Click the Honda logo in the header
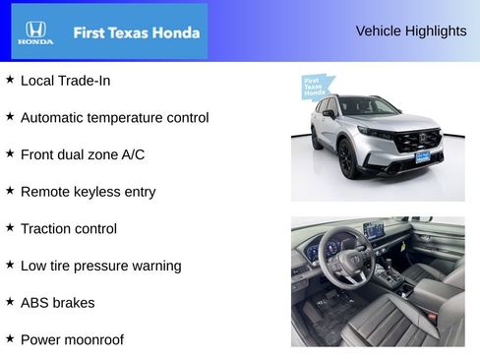(34, 31)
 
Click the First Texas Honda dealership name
(136, 32)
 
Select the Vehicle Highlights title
(410, 31)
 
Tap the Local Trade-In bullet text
(65, 81)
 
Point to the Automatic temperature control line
(114, 118)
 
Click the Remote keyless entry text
(88, 192)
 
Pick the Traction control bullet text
(68, 229)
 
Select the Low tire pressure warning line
(100, 266)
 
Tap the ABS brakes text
(57, 303)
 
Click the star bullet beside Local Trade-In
(10, 80)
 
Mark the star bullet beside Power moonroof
(10, 339)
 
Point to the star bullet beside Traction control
(10, 228)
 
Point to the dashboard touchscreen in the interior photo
(373, 230)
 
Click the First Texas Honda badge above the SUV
(315, 87)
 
